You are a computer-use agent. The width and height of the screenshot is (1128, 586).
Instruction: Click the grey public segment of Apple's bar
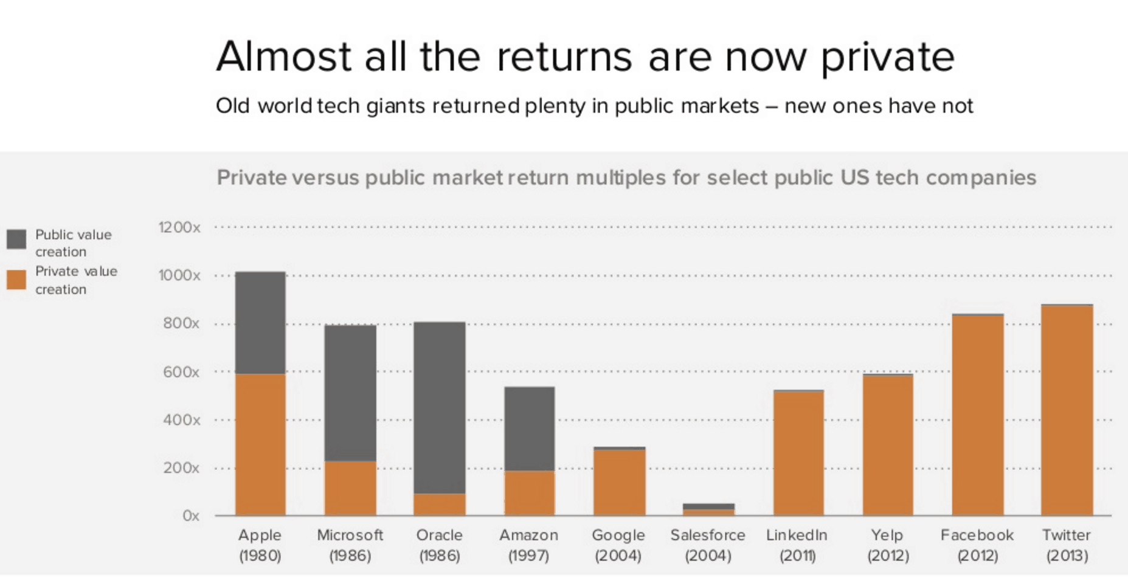tap(260, 322)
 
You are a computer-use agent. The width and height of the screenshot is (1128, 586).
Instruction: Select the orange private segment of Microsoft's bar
tap(350, 488)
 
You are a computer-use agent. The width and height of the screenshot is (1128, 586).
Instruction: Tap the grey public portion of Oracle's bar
tap(440, 407)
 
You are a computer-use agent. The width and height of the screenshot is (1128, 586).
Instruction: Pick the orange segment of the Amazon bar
tap(529, 493)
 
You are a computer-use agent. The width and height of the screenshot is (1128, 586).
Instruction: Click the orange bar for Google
tap(619, 482)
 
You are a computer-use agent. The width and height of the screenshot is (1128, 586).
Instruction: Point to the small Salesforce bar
tap(708, 509)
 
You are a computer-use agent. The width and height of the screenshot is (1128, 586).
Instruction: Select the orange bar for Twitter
tap(1067, 410)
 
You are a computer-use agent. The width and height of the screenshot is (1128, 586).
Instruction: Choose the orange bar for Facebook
tap(977, 415)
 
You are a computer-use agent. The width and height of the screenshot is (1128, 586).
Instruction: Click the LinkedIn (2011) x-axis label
tap(797, 545)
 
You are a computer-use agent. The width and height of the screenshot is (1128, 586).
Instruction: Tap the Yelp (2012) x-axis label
tap(888, 545)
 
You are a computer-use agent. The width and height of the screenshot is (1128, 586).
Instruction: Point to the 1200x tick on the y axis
tap(179, 227)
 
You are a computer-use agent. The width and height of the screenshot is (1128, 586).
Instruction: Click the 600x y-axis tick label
tap(181, 372)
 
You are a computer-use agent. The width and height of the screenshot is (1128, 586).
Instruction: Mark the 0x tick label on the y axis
tap(190, 516)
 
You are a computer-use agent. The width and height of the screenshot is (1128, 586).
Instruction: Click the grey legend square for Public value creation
tap(16, 239)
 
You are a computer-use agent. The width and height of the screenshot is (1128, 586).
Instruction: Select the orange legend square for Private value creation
tap(16, 280)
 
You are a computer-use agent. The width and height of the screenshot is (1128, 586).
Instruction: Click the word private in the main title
tap(887, 57)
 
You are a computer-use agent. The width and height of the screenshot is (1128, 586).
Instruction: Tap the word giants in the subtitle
tap(395, 106)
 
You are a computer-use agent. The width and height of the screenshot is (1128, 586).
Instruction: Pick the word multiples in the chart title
tap(621, 178)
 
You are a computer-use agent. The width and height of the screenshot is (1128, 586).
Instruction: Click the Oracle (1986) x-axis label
tap(440, 545)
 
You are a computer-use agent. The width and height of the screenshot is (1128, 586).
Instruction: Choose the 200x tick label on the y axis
tap(181, 468)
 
